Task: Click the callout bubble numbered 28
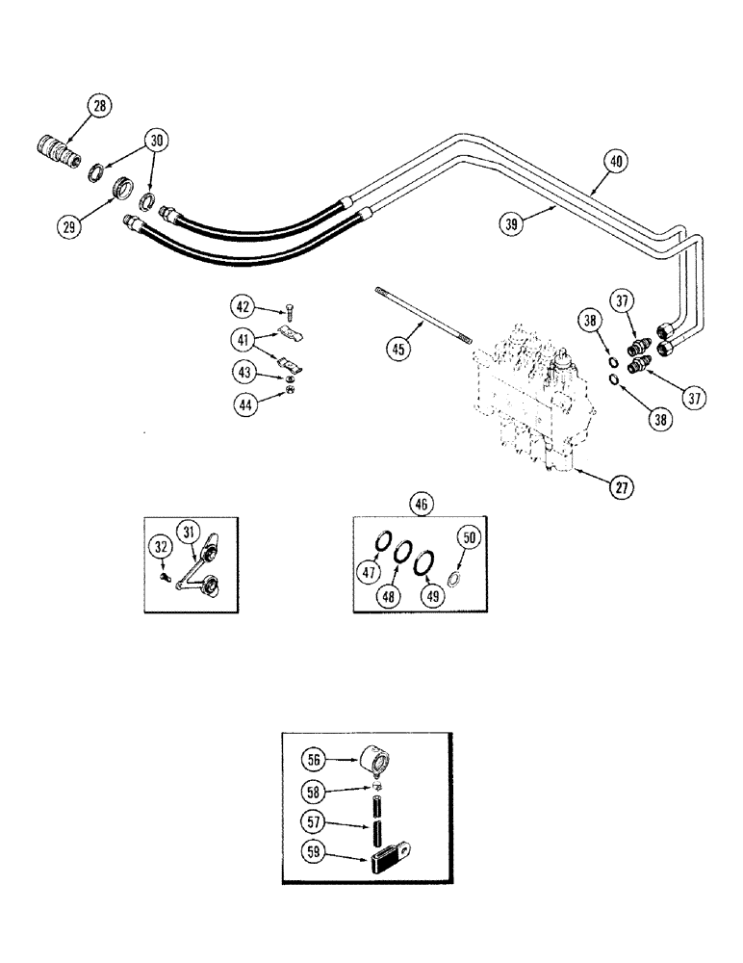[x=99, y=108]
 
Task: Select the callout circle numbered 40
[x=617, y=162]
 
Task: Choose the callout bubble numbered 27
[x=623, y=487]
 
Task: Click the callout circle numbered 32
[x=161, y=549]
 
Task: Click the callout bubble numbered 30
[x=154, y=142]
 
